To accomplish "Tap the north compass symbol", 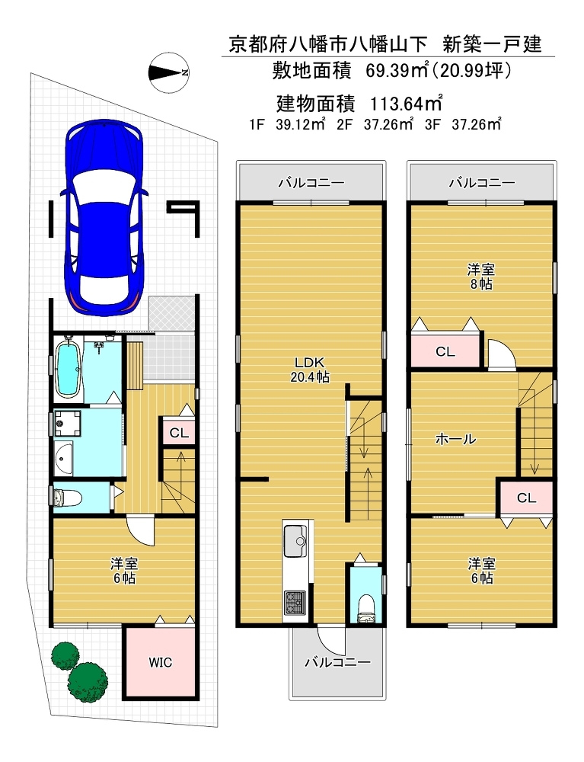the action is (169, 73).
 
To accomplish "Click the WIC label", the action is (160, 662).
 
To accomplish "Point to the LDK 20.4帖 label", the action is (310, 370).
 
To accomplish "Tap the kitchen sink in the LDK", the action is (295, 541).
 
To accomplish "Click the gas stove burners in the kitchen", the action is (295, 603).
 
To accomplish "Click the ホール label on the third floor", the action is (455, 440).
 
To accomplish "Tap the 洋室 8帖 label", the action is (481, 277).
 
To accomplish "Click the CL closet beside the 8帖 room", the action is (445, 351).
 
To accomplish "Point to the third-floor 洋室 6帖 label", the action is (481, 571).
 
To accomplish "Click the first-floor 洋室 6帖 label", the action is (124, 571).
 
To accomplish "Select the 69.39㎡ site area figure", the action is (397, 72).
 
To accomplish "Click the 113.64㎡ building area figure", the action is (407, 104).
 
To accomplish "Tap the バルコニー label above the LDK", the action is (311, 183).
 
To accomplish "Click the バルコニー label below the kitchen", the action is (338, 662).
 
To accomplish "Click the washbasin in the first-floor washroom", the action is (64, 458).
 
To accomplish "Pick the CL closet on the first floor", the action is (179, 432).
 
